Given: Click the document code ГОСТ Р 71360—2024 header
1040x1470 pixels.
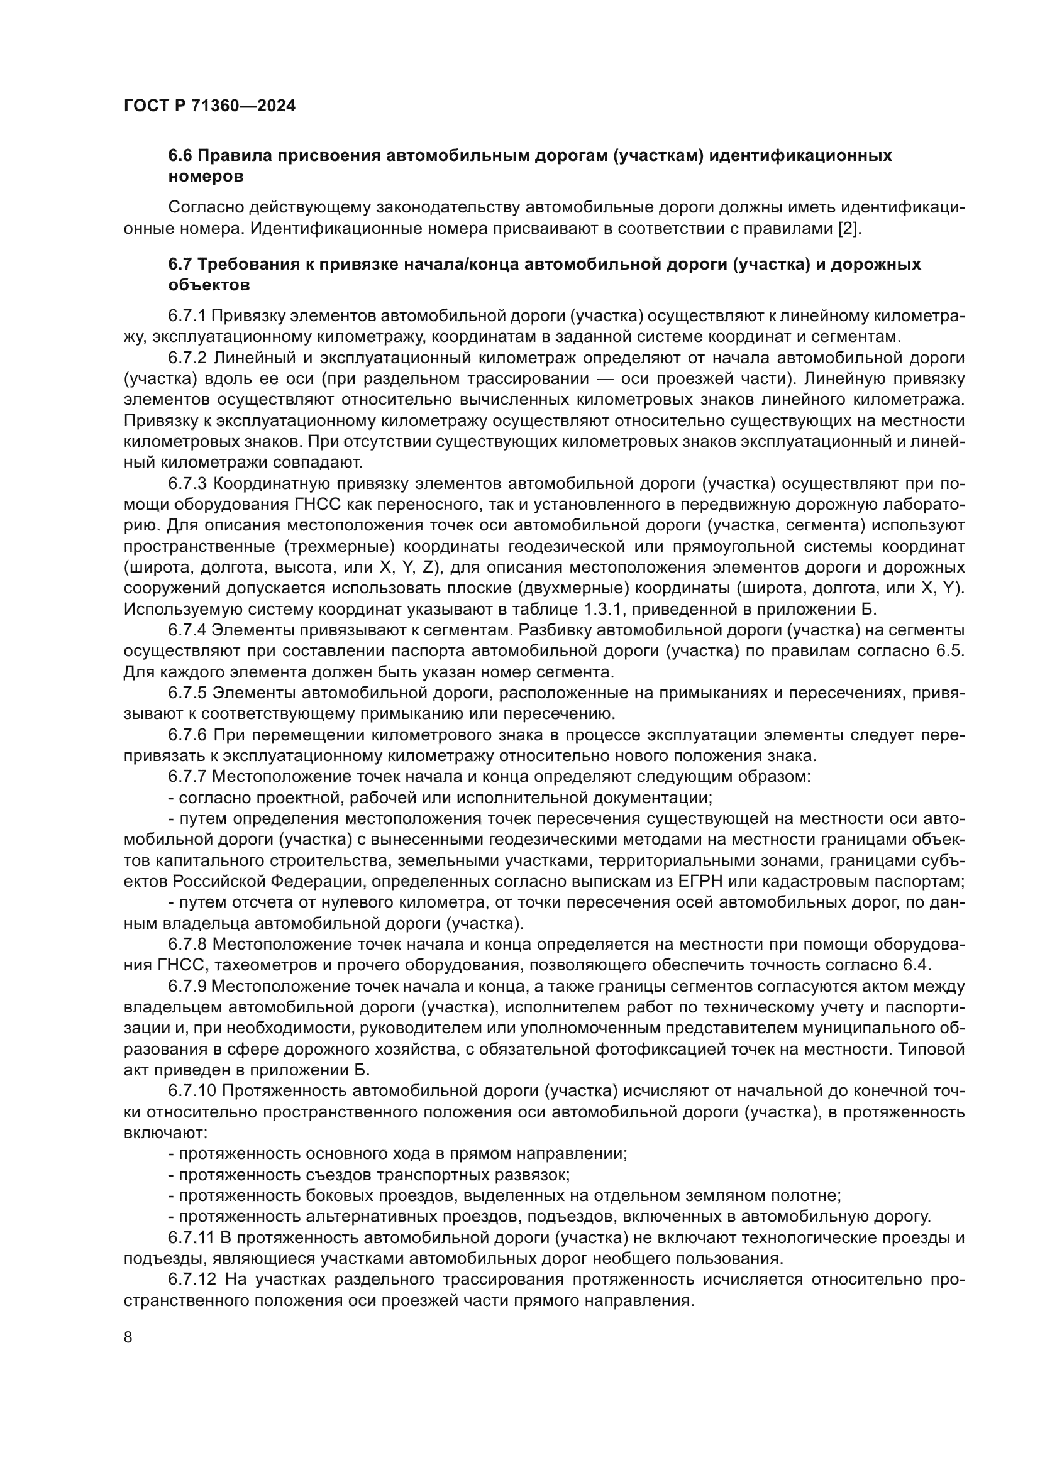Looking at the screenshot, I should click(209, 106).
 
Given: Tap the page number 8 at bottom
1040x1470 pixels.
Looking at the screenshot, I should click(128, 1337).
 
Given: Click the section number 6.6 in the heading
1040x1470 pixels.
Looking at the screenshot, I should click(180, 156).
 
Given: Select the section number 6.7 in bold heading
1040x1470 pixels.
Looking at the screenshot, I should click(180, 264).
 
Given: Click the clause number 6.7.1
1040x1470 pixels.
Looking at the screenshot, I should click(187, 315).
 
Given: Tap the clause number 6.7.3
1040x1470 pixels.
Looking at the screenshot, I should click(187, 483).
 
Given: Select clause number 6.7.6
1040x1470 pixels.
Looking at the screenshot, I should click(187, 735).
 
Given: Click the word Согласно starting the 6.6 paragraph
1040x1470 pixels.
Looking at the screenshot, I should click(206, 207).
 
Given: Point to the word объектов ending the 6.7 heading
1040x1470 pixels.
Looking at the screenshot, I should click(209, 285).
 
